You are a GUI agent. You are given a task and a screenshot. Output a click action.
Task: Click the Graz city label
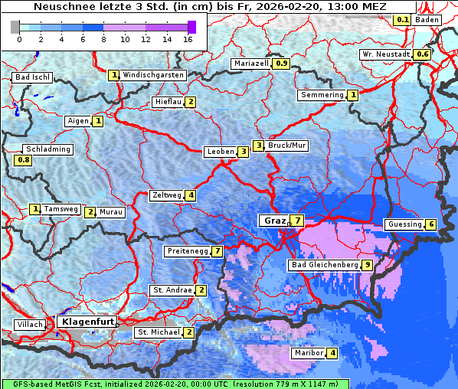pyautogui.click(x=273, y=221)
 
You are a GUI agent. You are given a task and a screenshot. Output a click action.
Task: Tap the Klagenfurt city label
pyautogui.click(x=87, y=322)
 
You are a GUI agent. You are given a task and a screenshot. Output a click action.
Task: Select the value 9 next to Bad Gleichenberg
pyautogui.click(x=368, y=265)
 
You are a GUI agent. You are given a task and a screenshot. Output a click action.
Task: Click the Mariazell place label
pyautogui.click(x=252, y=64)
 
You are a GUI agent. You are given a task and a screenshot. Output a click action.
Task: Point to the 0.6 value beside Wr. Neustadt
pyautogui.click(x=422, y=54)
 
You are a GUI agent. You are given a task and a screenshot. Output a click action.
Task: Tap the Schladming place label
pyautogui.click(x=47, y=149)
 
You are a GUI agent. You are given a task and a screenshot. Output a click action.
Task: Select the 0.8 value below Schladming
pyautogui.click(x=24, y=160)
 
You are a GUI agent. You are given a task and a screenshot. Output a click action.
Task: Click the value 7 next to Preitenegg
pyautogui.click(x=218, y=251)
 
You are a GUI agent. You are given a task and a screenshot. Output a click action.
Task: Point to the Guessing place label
pyautogui.click(x=404, y=224)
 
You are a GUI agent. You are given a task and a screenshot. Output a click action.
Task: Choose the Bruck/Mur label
pyautogui.click(x=286, y=145)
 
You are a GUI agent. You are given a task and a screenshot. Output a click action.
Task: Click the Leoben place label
pyautogui.click(x=221, y=152)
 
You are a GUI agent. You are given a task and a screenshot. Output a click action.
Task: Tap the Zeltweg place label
pyautogui.click(x=167, y=195)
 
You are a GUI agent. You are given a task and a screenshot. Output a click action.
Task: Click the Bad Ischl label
pyautogui.click(x=32, y=77)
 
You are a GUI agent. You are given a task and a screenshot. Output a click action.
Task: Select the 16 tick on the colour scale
pyautogui.click(x=188, y=39)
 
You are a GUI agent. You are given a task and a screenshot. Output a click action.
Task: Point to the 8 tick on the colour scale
pyautogui.click(x=103, y=39)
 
